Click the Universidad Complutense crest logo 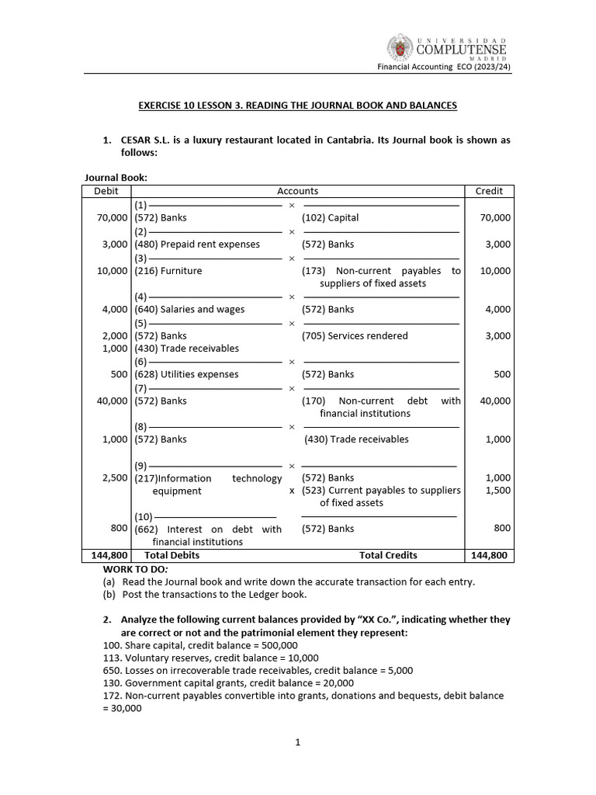point(401,48)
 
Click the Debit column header point(106,191)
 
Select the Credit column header point(489,191)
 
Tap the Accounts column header point(297,191)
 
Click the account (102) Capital point(331,218)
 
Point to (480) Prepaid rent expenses point(197,245)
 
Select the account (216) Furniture point(168,271)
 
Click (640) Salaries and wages point(189,310)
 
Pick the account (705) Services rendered point(355,336)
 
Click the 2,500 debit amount point(114,478)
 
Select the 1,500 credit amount point(497,491)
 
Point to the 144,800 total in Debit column point(106,555)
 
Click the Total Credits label point(388,555)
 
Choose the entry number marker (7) point(140,388)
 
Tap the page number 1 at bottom point(297,742)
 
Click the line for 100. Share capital point(199,645)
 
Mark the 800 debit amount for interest point(119,529)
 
